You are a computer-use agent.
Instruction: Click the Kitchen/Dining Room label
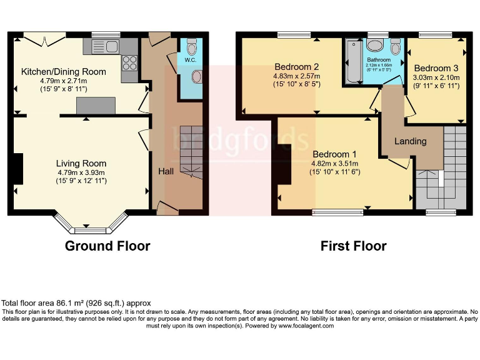pyautogui.click(x=64, y=72)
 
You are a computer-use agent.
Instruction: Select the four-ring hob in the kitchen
pyautogui.click(x=130, y=62)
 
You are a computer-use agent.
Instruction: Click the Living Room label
pyautogui.click(x=81, y=164)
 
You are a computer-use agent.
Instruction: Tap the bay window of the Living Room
pyautogui.click(x=91, y=222)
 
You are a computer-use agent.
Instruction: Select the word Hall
pyautogui.click(x=166, y=171)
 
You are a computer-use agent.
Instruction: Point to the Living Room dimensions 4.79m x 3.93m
pyautogui.click(x=81, y=172)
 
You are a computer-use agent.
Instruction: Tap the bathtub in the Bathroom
pyautogui.click(x=353, y=62)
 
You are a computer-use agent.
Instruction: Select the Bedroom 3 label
pyautogui.click(x=436, y=68)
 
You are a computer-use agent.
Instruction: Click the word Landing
pyautogui.click(x=410, y=141)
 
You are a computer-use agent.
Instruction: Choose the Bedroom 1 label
pyautogui.click(x=334, y=154)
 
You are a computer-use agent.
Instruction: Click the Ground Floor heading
pyautogui.click(x=107, y=246)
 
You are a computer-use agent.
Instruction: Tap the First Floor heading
pyautogui.click(x=353, y=246)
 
